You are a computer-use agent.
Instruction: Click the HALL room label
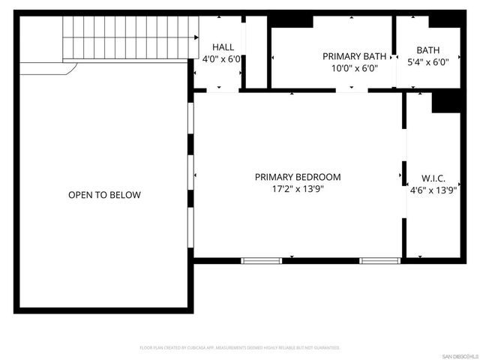223,46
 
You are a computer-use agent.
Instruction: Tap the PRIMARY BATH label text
355,56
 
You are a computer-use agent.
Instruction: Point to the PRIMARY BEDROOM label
298,177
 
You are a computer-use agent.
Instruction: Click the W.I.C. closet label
433,178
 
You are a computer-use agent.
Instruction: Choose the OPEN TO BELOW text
104,195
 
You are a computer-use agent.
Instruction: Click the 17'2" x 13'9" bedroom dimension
298,189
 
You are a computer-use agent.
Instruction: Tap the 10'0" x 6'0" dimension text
355,68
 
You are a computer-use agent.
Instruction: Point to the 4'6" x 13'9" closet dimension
433,190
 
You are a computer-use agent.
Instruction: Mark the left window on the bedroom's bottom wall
261,260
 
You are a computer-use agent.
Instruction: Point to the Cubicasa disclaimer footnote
240,348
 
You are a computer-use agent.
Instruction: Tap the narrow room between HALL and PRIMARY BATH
256,51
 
